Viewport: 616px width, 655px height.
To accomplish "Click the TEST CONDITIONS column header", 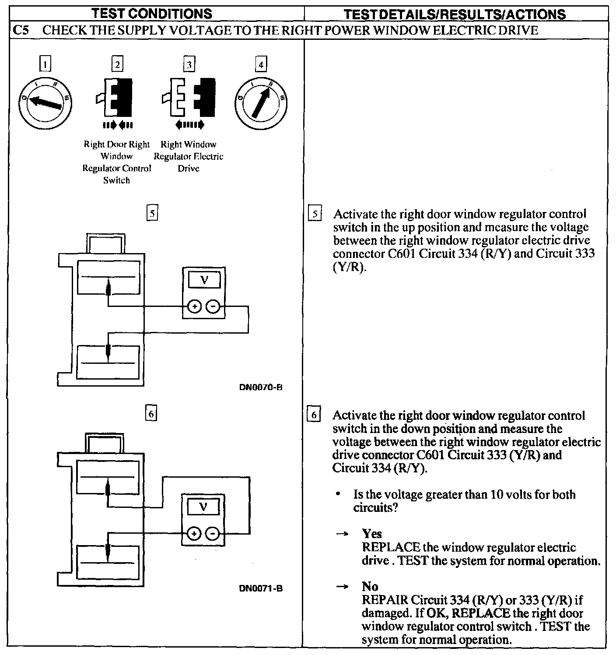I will [x=157, y=13].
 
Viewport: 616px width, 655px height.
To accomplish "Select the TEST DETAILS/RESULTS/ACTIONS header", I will [x=455, y=14].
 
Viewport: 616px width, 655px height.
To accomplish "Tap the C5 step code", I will [x=21, y=30].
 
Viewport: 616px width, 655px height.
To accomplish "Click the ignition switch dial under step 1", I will [x=45, y=103].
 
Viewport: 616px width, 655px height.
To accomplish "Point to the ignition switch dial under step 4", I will [x=261, y=104].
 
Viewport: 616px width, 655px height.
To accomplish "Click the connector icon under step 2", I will [x=117, y=100].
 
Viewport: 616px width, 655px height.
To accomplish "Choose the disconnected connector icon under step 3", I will [x=189, y=100].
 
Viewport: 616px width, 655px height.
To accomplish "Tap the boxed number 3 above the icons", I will [x=189, y=65].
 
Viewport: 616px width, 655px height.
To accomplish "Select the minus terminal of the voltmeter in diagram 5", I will [x=213, y=307].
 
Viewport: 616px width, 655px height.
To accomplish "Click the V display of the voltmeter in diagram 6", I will [x=203, y=507].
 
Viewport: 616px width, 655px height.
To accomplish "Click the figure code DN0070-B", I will [x=260, y=387].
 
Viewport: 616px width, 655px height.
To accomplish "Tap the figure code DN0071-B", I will [x=261, y=588].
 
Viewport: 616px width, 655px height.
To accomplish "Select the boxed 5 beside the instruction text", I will [x=315, y=215].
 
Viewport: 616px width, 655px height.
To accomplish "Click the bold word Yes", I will [x=372, y=534].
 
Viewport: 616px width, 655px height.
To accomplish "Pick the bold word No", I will [x=370, y=586].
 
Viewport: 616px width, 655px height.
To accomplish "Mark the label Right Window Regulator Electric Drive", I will [x=189, y=156].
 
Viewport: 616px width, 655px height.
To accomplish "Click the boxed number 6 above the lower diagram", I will [x=151, y=414].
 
